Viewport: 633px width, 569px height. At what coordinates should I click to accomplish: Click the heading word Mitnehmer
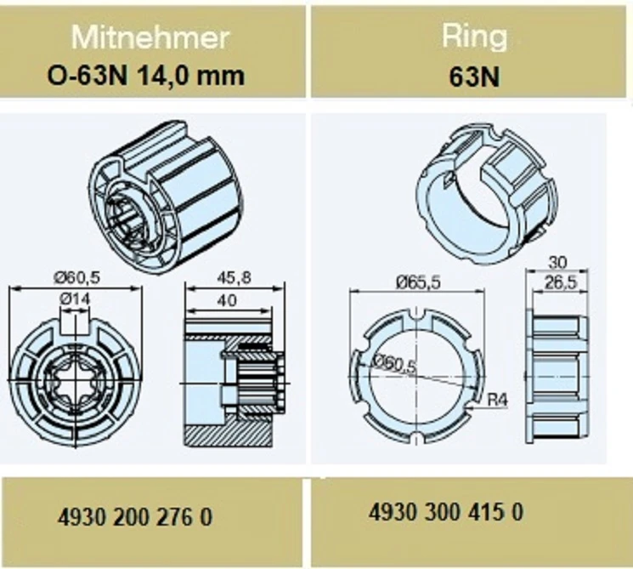click(x=150, y=37)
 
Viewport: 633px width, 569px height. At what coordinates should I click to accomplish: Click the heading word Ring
click(x=474, y=37)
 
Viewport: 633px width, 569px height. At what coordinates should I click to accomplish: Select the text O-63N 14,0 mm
click(x=146, y=76)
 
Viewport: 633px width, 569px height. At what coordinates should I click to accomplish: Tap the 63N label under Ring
click(x=474, y=77)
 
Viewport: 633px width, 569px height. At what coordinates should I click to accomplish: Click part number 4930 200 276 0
click(x=135, y=517)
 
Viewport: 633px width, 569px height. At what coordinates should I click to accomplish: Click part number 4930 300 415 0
click(x=446, y=512)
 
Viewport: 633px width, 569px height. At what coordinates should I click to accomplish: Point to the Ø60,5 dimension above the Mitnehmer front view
click(x=77, y=277)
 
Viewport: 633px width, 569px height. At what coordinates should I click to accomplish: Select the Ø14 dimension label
click(x=75, y=299)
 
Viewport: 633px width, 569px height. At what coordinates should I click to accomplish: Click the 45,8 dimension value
click(x=234, y=277)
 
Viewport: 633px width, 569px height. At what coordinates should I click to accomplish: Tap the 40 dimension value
click(x=227, y=300)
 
